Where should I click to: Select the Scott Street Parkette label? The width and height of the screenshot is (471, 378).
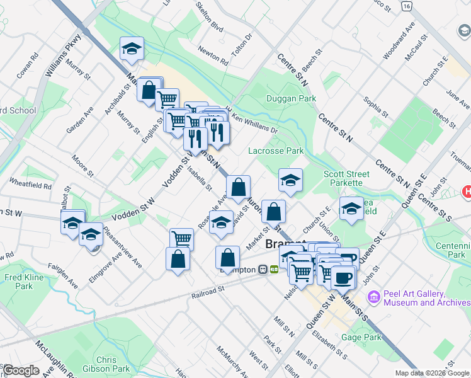click(x=343, y=178)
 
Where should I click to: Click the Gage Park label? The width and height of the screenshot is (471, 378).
click(x=361, y=337)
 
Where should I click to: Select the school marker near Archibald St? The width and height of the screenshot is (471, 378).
click(x=132, y=49)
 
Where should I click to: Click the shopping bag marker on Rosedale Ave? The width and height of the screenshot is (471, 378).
click(x=238, y=188)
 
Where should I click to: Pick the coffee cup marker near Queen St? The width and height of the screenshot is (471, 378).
click(x=343, y=278)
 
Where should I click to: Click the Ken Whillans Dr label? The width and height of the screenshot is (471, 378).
click(x=255, y=123)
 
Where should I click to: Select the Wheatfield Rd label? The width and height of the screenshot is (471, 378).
click(x=30, y=185)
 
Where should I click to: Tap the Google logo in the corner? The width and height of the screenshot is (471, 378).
click(x=20, y=370)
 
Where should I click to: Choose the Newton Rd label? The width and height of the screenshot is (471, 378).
click(x=212, y=56)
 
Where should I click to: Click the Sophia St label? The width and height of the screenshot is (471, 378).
click(x=375, y=106)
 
